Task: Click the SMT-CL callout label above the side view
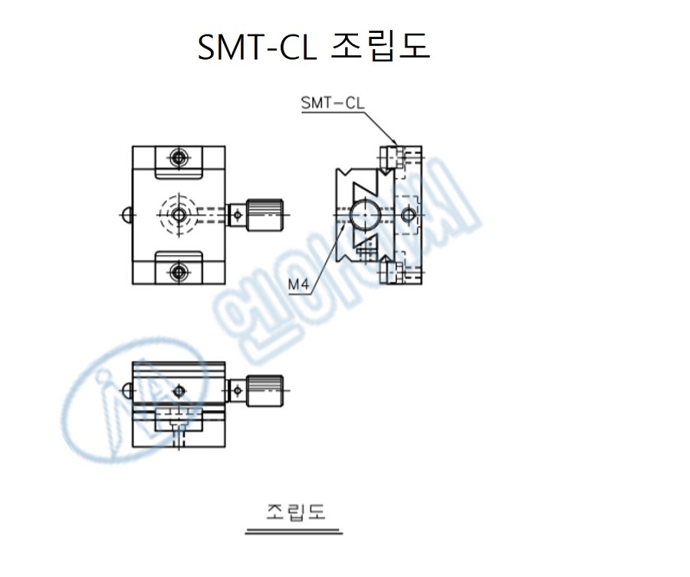tap(333, 103)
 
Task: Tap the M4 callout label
tap(298, 285)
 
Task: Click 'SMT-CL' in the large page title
tap(256, 48)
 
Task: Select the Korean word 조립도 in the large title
tap(380, 47)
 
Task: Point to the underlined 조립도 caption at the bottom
tap(295, 511)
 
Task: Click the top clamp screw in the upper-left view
tap(179, 159)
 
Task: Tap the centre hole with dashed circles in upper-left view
tap(179, 215)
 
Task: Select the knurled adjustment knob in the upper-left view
tap(265, 215)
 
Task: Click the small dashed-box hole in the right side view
tap(408, 214)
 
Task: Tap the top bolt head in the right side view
tap(395, 156)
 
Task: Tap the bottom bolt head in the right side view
tap(396, 272)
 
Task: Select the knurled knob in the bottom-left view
tap(265, 391)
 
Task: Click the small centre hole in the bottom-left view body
tap(179, 391)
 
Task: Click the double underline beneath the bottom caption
tap(294, 530)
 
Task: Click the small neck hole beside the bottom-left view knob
tap(236, 391)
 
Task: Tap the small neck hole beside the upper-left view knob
tap(237, 215)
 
